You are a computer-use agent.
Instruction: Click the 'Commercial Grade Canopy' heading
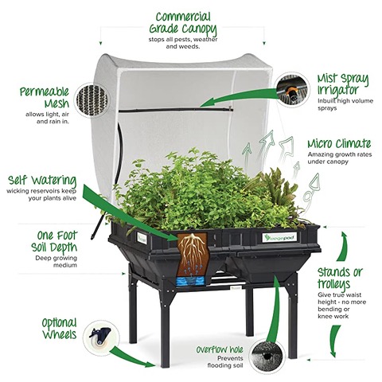183,24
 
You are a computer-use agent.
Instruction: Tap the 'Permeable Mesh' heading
45,98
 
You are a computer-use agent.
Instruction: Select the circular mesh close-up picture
92,100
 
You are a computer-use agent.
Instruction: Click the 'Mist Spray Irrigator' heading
343,84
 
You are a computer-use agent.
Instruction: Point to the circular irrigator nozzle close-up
292,90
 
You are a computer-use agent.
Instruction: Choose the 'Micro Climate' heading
339,143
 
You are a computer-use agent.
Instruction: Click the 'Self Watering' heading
42,181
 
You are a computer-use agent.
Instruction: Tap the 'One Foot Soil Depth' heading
54,242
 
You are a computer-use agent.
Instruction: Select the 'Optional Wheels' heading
60,329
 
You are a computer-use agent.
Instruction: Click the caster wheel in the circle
100,337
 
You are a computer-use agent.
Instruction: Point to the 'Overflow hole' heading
220,349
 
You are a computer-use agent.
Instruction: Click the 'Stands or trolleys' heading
340,278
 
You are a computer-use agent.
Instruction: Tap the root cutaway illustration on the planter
193,255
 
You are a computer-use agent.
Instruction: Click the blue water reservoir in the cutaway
190,281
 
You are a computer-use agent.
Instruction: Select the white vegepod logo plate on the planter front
279,237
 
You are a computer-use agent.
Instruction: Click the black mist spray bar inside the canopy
176,110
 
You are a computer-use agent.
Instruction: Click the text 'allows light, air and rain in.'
48,118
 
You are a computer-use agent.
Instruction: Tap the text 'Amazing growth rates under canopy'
340,158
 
